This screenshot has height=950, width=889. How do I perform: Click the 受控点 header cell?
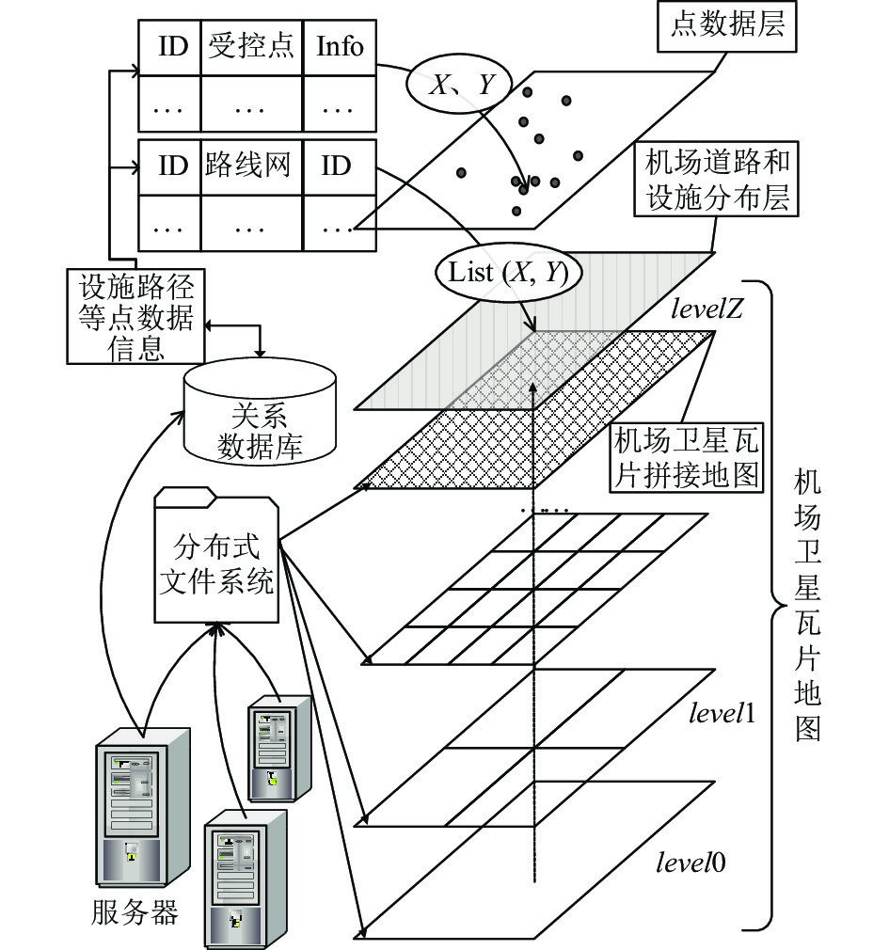(251, 47)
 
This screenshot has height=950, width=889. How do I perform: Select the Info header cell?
(340, 47)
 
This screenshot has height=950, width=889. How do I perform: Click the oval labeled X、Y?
(459, 86)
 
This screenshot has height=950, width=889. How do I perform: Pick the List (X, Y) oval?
(509, 272)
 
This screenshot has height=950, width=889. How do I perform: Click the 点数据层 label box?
(726, 26)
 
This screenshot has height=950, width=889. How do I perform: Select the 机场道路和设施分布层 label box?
(716, 180)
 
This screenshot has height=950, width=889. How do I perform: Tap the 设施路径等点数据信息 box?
(135, 316)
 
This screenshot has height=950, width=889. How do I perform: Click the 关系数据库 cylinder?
(260, 412)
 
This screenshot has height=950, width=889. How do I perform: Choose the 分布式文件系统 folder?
(216, 555)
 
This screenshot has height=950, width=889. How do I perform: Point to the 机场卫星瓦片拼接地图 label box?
(686, 457)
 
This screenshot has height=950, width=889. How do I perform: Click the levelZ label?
(706, 309)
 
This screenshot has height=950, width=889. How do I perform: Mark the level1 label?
(722, 713)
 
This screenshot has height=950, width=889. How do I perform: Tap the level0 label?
(691, 863)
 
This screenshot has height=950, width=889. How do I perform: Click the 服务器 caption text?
(135, 912)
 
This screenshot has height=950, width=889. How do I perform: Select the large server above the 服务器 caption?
(142, 807)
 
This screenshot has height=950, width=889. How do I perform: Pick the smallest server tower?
(279, 749)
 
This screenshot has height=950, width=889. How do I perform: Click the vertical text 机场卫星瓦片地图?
(807, 605)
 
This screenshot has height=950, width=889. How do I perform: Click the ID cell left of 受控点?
(169, 47)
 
